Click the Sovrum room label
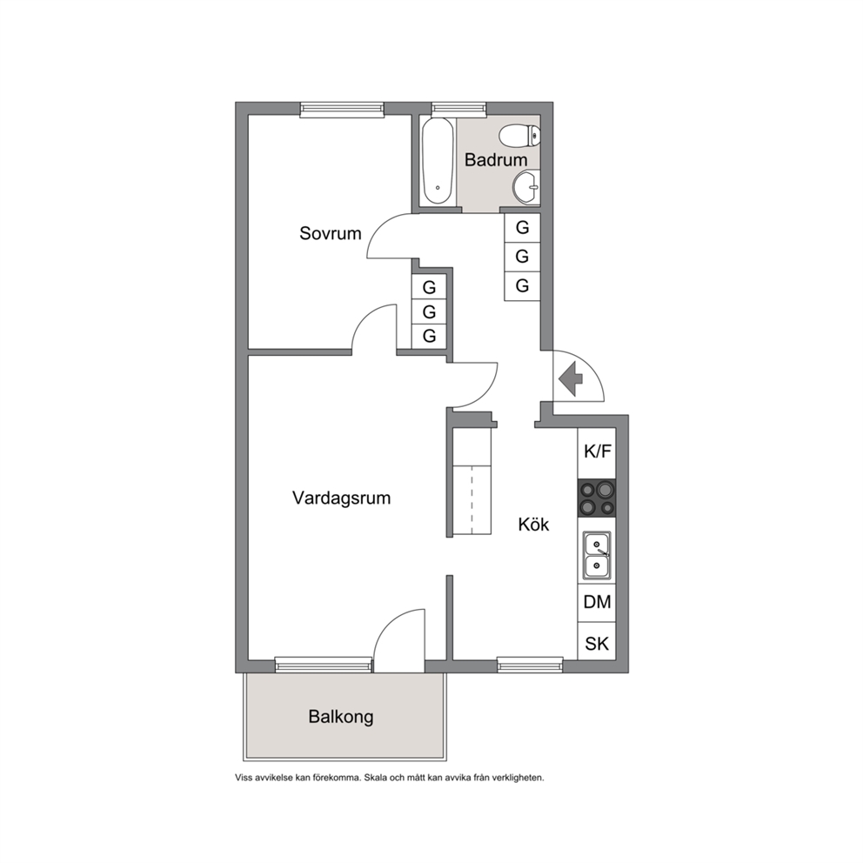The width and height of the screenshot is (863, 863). [x=331, y=233]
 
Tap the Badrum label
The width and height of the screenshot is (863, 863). [x=495, y=159]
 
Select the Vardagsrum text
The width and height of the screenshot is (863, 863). [x=341, y=498]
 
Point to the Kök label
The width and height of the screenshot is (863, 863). [x=533, y=524]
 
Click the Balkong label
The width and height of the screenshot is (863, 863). [x=341, y=717]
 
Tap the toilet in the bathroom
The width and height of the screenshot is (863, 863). [x=519, y=136]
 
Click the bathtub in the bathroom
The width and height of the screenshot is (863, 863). [x=438, y=161]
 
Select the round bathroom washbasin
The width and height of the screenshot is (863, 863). [x=526, y=187]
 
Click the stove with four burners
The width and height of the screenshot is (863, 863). [x=597, y=498]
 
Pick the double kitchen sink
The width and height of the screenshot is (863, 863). [x=597, y=555]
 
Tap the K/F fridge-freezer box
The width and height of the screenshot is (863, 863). [x=597, y=452]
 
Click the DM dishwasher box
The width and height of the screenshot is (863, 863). [x=597, y=602]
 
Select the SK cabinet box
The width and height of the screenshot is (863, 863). [x=597, y=642]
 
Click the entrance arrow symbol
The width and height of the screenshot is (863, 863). [x=571, y=378]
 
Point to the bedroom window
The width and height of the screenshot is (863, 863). [x=342, y=110]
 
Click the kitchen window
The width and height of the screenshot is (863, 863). [x=530, y=665]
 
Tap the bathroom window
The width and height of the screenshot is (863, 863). [x=459, y=110]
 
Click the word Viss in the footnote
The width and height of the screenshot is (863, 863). [x=244, y=778]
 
